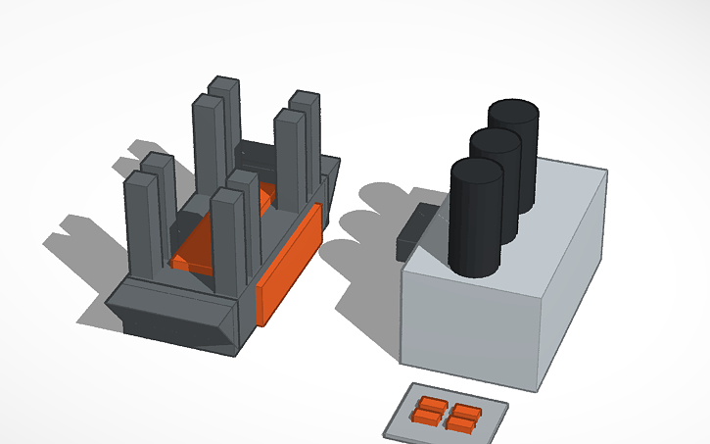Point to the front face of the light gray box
[470, 322]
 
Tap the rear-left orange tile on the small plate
[430, 405]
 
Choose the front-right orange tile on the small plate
[462, 423]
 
